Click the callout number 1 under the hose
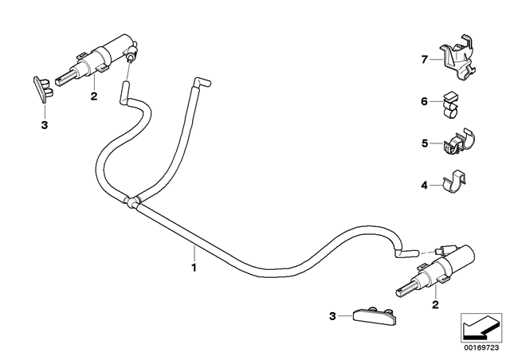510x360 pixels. (x=194, y=268)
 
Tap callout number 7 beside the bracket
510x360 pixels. (x=424, y=60)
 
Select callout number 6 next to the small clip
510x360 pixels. (x=424, y=101)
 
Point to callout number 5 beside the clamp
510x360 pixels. (x=425, y=143)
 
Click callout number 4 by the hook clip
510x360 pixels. (x=424, y=186)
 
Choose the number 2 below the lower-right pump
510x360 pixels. (x=435, y=304)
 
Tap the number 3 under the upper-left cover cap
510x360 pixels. (x=45, y=124)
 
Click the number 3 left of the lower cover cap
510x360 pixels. (x=332, y=315)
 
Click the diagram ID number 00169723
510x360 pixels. (x=481, y=347)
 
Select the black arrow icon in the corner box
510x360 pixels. (x=481, y=328)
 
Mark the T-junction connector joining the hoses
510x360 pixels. (x=131, y=202)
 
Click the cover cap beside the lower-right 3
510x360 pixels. (x=374, y=315)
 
